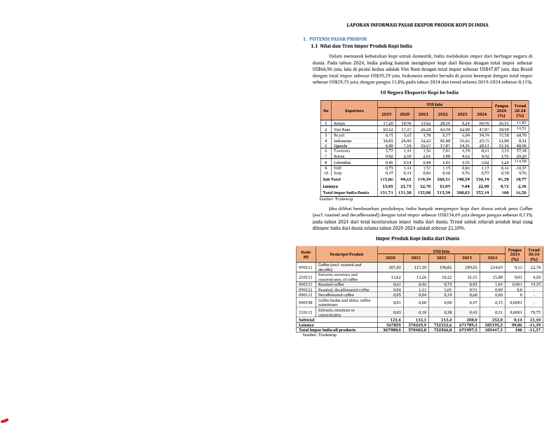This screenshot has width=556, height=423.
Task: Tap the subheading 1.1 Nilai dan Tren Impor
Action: click(358, 46)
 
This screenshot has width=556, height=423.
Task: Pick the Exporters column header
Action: click(354, 110)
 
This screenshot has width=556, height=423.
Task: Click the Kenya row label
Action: click(339, 123)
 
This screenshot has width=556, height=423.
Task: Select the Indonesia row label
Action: click(344, 141)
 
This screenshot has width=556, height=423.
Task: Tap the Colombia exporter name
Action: click(343, 162)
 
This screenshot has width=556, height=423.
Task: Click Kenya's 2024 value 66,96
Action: click(482, 123)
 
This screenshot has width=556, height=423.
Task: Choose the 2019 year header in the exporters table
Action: click(386, 113)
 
